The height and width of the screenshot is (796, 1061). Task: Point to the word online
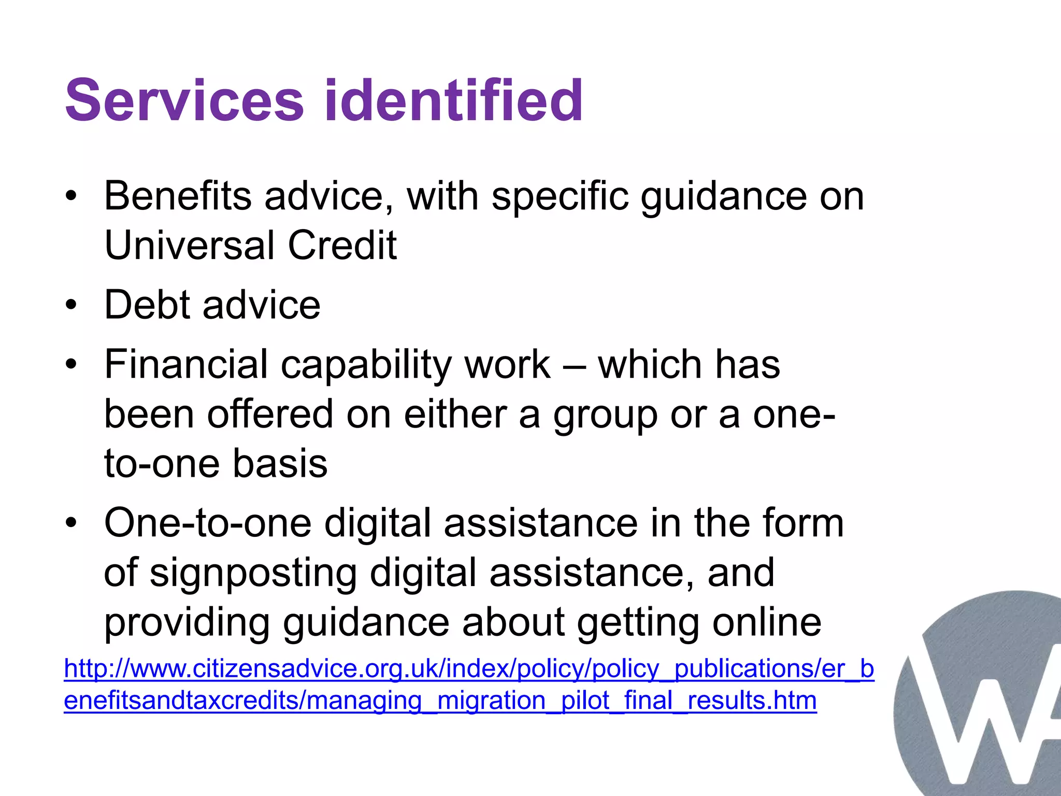(x=767, y=622)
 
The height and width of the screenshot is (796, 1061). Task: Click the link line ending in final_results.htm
(x=440, y=701)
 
